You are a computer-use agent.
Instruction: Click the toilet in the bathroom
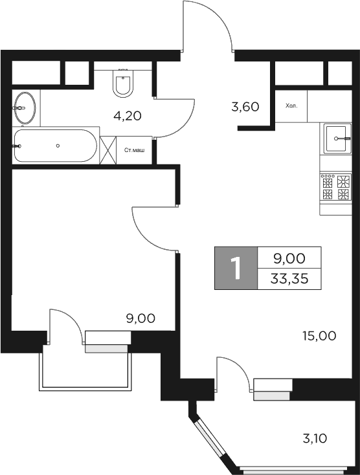123,83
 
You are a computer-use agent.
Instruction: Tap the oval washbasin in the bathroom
26,107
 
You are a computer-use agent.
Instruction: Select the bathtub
55,146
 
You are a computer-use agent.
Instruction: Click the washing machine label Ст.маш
135,149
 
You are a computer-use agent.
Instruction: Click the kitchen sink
338,137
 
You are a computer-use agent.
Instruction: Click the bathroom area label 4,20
127,116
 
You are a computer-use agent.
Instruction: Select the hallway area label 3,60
245,107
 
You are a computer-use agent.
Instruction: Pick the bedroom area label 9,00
141,318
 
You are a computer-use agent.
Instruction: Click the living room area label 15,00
319,335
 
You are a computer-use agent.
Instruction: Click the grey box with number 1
236,268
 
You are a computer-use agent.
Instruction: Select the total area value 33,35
289,279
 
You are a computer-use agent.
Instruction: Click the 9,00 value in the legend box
289,258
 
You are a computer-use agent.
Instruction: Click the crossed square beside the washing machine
108,149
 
